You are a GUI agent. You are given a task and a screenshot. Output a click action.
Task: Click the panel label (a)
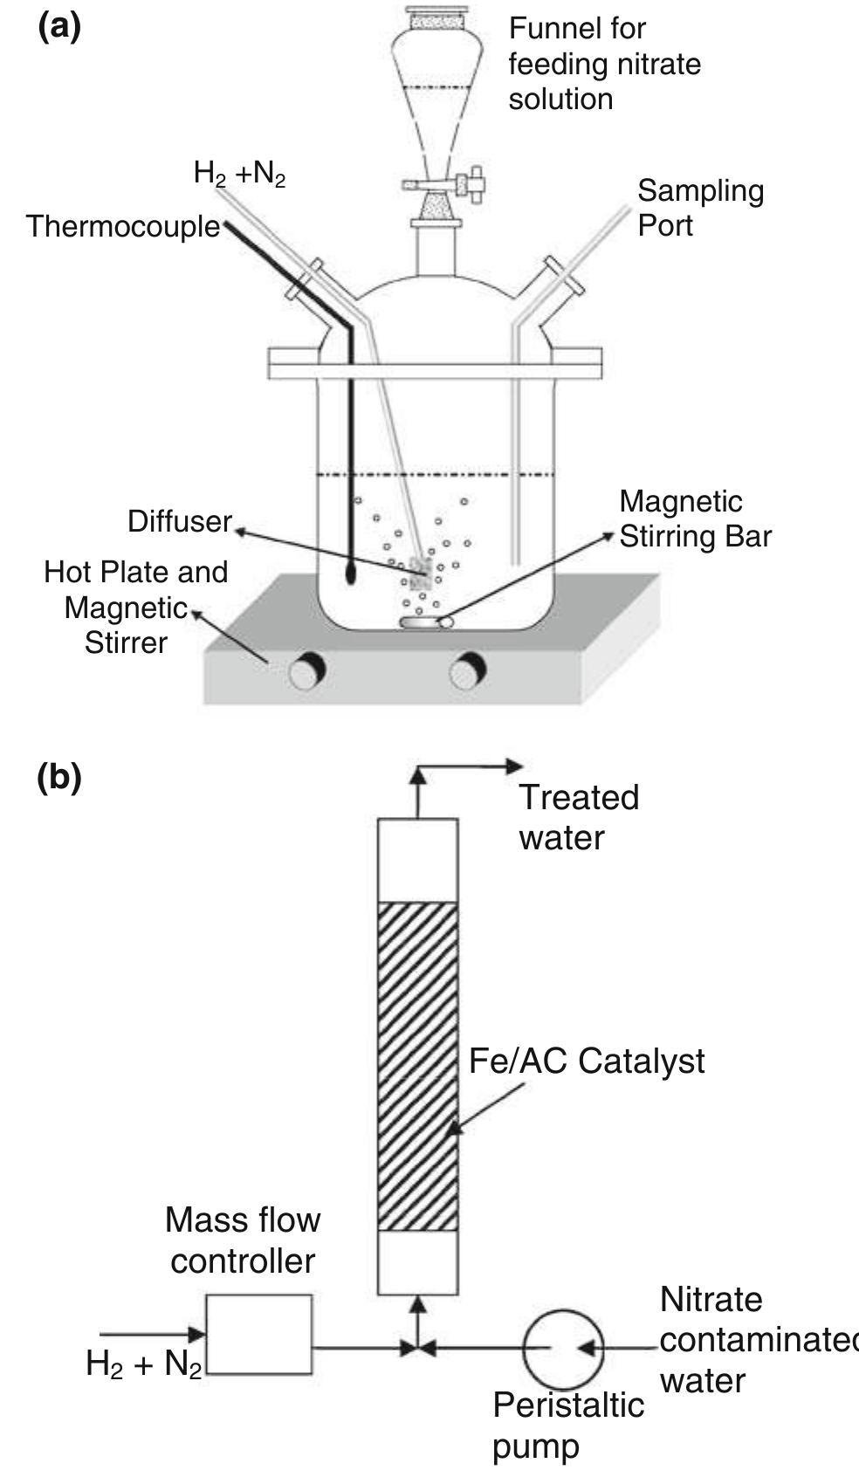59,27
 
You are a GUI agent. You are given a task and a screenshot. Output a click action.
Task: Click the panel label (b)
59,777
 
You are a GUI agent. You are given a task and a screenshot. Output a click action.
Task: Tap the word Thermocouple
123,227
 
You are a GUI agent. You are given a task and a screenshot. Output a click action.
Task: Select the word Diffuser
179,521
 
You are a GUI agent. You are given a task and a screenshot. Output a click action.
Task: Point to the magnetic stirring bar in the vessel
426,622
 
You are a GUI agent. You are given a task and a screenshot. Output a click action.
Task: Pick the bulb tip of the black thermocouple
351,574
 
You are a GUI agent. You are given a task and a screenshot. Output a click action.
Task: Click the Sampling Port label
700,208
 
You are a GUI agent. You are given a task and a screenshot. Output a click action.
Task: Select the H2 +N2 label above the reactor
239,175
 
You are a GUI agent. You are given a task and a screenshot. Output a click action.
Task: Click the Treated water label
578,817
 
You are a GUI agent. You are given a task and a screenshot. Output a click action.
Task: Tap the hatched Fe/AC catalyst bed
417,1066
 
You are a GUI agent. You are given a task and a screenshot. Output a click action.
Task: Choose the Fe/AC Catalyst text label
586,1061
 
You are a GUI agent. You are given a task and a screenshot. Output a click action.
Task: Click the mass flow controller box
259,1334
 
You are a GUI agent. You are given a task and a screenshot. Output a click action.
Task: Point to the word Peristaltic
567,1405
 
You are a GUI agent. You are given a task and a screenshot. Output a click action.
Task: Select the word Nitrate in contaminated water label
711,1300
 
